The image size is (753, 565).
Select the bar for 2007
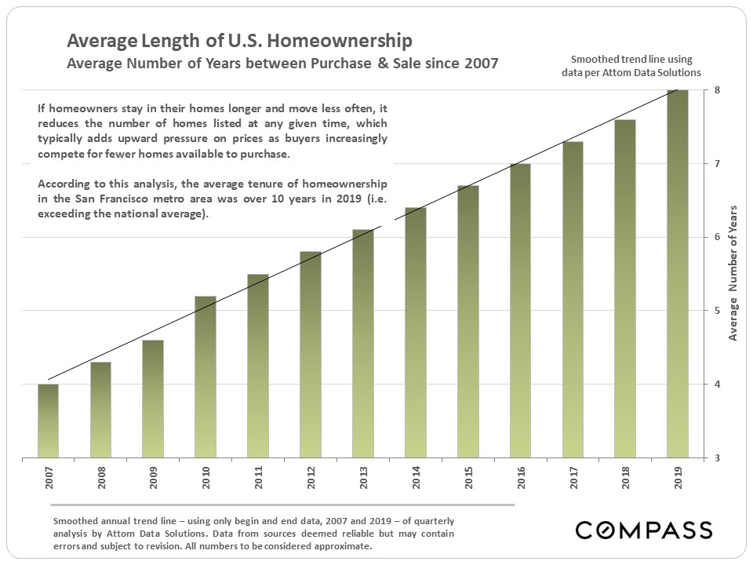48,421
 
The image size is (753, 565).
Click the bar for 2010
206,377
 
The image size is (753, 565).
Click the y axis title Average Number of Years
733,272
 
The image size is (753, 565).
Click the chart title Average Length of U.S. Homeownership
239,41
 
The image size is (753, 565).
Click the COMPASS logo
644,530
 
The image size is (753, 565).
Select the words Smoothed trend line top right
631,60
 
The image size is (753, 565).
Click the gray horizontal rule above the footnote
282,505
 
